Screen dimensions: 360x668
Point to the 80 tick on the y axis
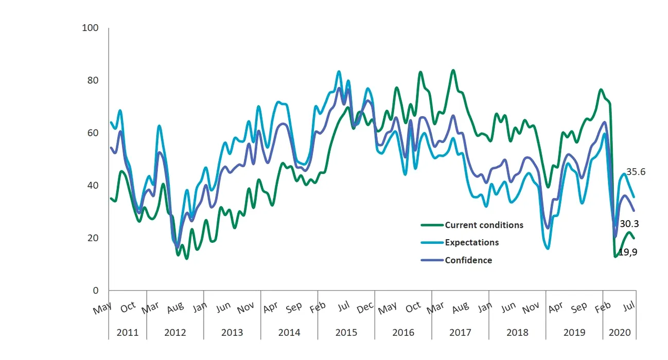pos(93,80)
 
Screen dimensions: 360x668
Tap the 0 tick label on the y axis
pos(95,291)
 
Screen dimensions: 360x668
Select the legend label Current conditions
pos(484,225)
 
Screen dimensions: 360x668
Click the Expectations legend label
pos(472,242)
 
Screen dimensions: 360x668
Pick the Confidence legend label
pos(468,260)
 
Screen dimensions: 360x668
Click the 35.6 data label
pos(636,172)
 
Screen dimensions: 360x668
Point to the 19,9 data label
pos(628,252)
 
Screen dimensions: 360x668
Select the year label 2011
pos(127,332)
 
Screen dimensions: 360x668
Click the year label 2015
pos(346,332)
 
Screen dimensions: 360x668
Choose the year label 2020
pos(620,332)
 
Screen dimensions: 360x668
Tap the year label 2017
pos(460,332)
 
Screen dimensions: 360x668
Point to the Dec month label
pos(365,307)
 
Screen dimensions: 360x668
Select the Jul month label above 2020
pos(629,306)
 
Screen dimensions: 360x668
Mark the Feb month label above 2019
pos(603,307)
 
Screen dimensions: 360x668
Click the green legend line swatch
pos(431,225)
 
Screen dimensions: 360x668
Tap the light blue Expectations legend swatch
pos(431,242)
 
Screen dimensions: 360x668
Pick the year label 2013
pos(232,332)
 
